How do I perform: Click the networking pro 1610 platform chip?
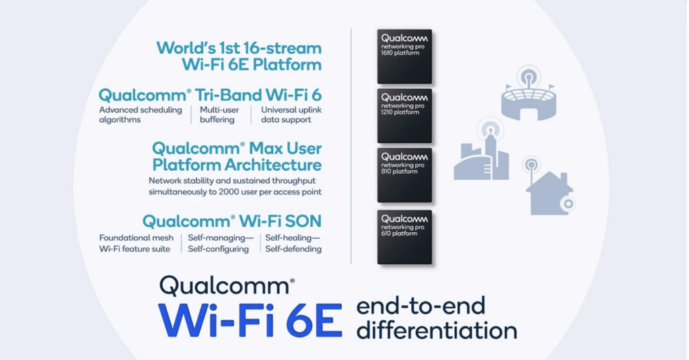[404, 57]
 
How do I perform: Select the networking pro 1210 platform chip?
[404, 116]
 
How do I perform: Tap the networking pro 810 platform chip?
[404, 175]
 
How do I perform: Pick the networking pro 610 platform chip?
[404, 237]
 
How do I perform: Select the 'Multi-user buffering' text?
[219, 114]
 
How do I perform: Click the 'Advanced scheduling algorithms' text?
[141, 114]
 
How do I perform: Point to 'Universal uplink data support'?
[291, 114]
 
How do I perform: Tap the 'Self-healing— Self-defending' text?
[293, 243]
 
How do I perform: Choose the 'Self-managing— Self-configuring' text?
[221, 243]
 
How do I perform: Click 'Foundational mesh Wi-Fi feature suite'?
[136, 243]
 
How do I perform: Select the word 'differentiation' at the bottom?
[437, 330]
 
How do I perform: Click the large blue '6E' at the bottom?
[314, 320]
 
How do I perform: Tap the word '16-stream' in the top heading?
[279, 48]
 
